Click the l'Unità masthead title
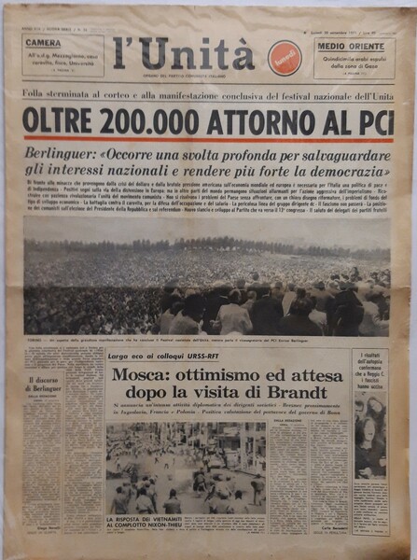183,54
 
